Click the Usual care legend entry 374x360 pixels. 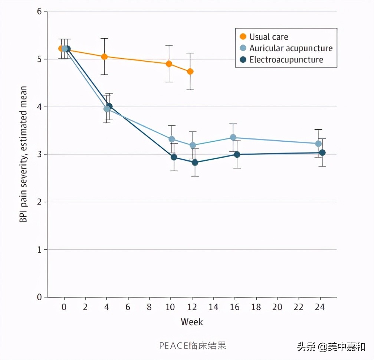(268, 37)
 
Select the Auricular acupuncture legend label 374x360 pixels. (291, 48)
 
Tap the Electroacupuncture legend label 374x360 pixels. (286, 60)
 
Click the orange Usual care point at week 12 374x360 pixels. (190, 72)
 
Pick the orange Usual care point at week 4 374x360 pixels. (105, 57)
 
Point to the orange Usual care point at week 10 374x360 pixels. (169, 64)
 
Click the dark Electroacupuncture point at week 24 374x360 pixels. (322, 153)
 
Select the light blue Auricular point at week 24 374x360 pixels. (318, 144)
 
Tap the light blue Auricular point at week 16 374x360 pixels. (233, 137)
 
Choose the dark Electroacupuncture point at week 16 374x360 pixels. (237, 154)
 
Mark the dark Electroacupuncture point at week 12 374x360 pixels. (195, 163)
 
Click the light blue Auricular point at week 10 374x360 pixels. (172, 139)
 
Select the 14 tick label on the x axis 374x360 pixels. (213, 308)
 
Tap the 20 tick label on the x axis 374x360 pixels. (277, 308)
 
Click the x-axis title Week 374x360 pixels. (192, 321)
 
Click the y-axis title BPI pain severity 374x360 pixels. (24, 154)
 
